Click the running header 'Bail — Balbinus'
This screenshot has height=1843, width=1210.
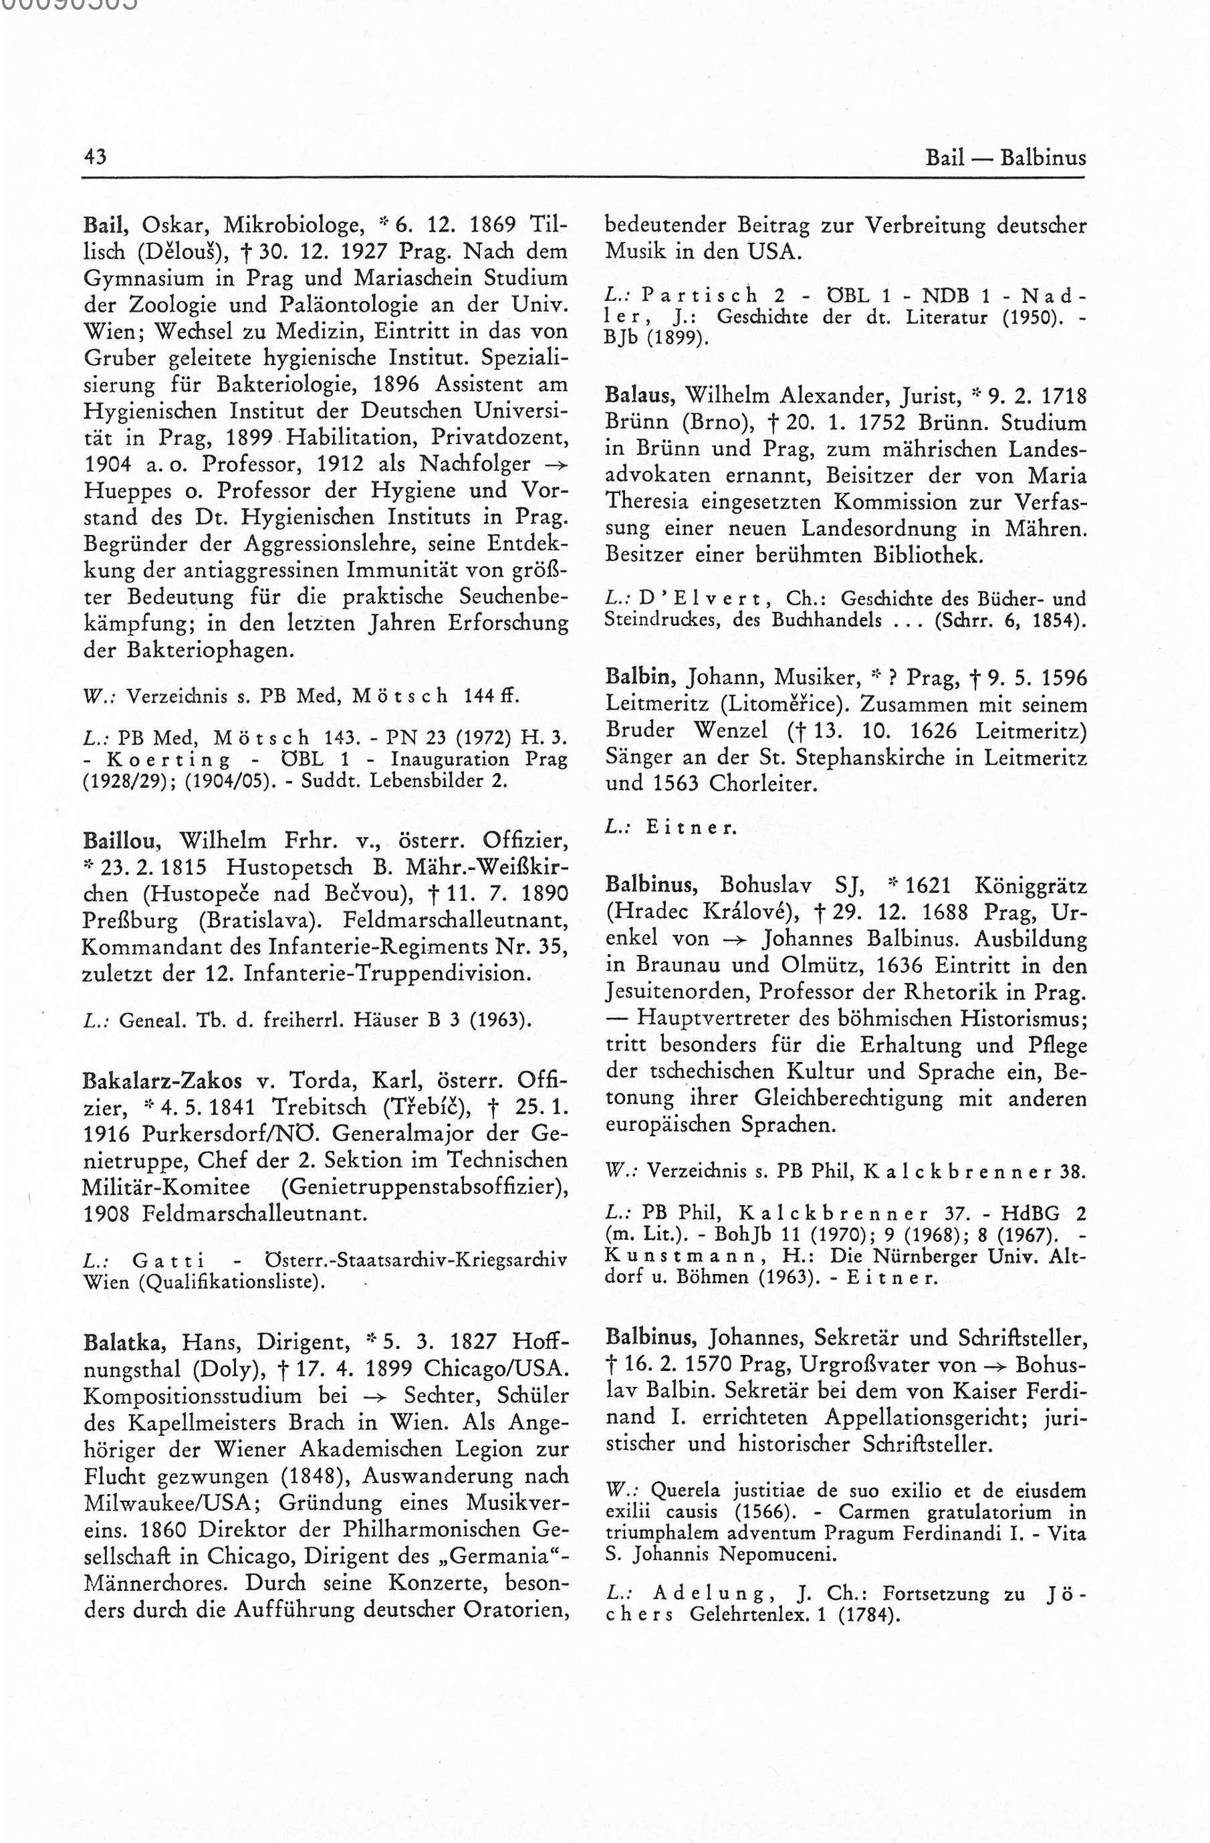coord(1005,159)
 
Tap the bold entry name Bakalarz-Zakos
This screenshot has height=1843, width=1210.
coord(162,1080)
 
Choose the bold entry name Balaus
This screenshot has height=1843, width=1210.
coord(641,397)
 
